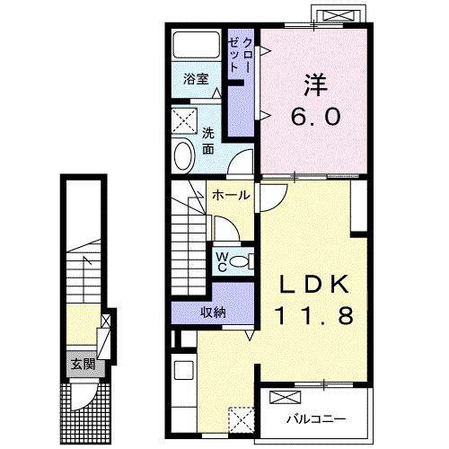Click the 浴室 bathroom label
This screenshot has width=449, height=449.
coord(196,79)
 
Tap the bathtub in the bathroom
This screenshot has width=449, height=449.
coord(196,45)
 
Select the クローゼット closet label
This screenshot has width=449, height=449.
coord(240,55)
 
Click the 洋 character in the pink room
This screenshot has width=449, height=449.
coord(315,84)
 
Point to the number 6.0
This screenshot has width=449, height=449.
coord(316,117)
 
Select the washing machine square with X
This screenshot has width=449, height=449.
coord(184,120)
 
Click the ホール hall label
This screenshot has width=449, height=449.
coord(231,196)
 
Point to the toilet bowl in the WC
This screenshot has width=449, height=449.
coord(239,262)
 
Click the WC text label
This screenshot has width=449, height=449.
coord(222,262)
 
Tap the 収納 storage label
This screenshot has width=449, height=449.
coord(213,313)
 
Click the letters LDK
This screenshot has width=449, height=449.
coord(314,284)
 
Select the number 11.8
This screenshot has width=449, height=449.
coord(314,316)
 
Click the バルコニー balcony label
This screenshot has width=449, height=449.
coord(316,418)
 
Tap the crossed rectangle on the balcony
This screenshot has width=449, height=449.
coord(285,397)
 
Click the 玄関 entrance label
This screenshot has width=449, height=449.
coord(84,365)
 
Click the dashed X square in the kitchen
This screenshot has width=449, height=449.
coord(242,419)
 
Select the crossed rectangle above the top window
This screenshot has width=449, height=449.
coord(339,15)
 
